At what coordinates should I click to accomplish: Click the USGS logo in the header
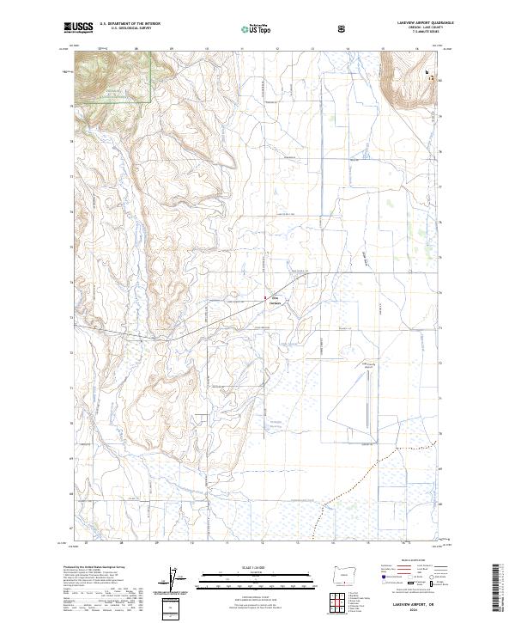[77, 28]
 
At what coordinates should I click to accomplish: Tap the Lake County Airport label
[369, 364]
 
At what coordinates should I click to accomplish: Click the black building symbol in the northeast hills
[427, 74]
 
